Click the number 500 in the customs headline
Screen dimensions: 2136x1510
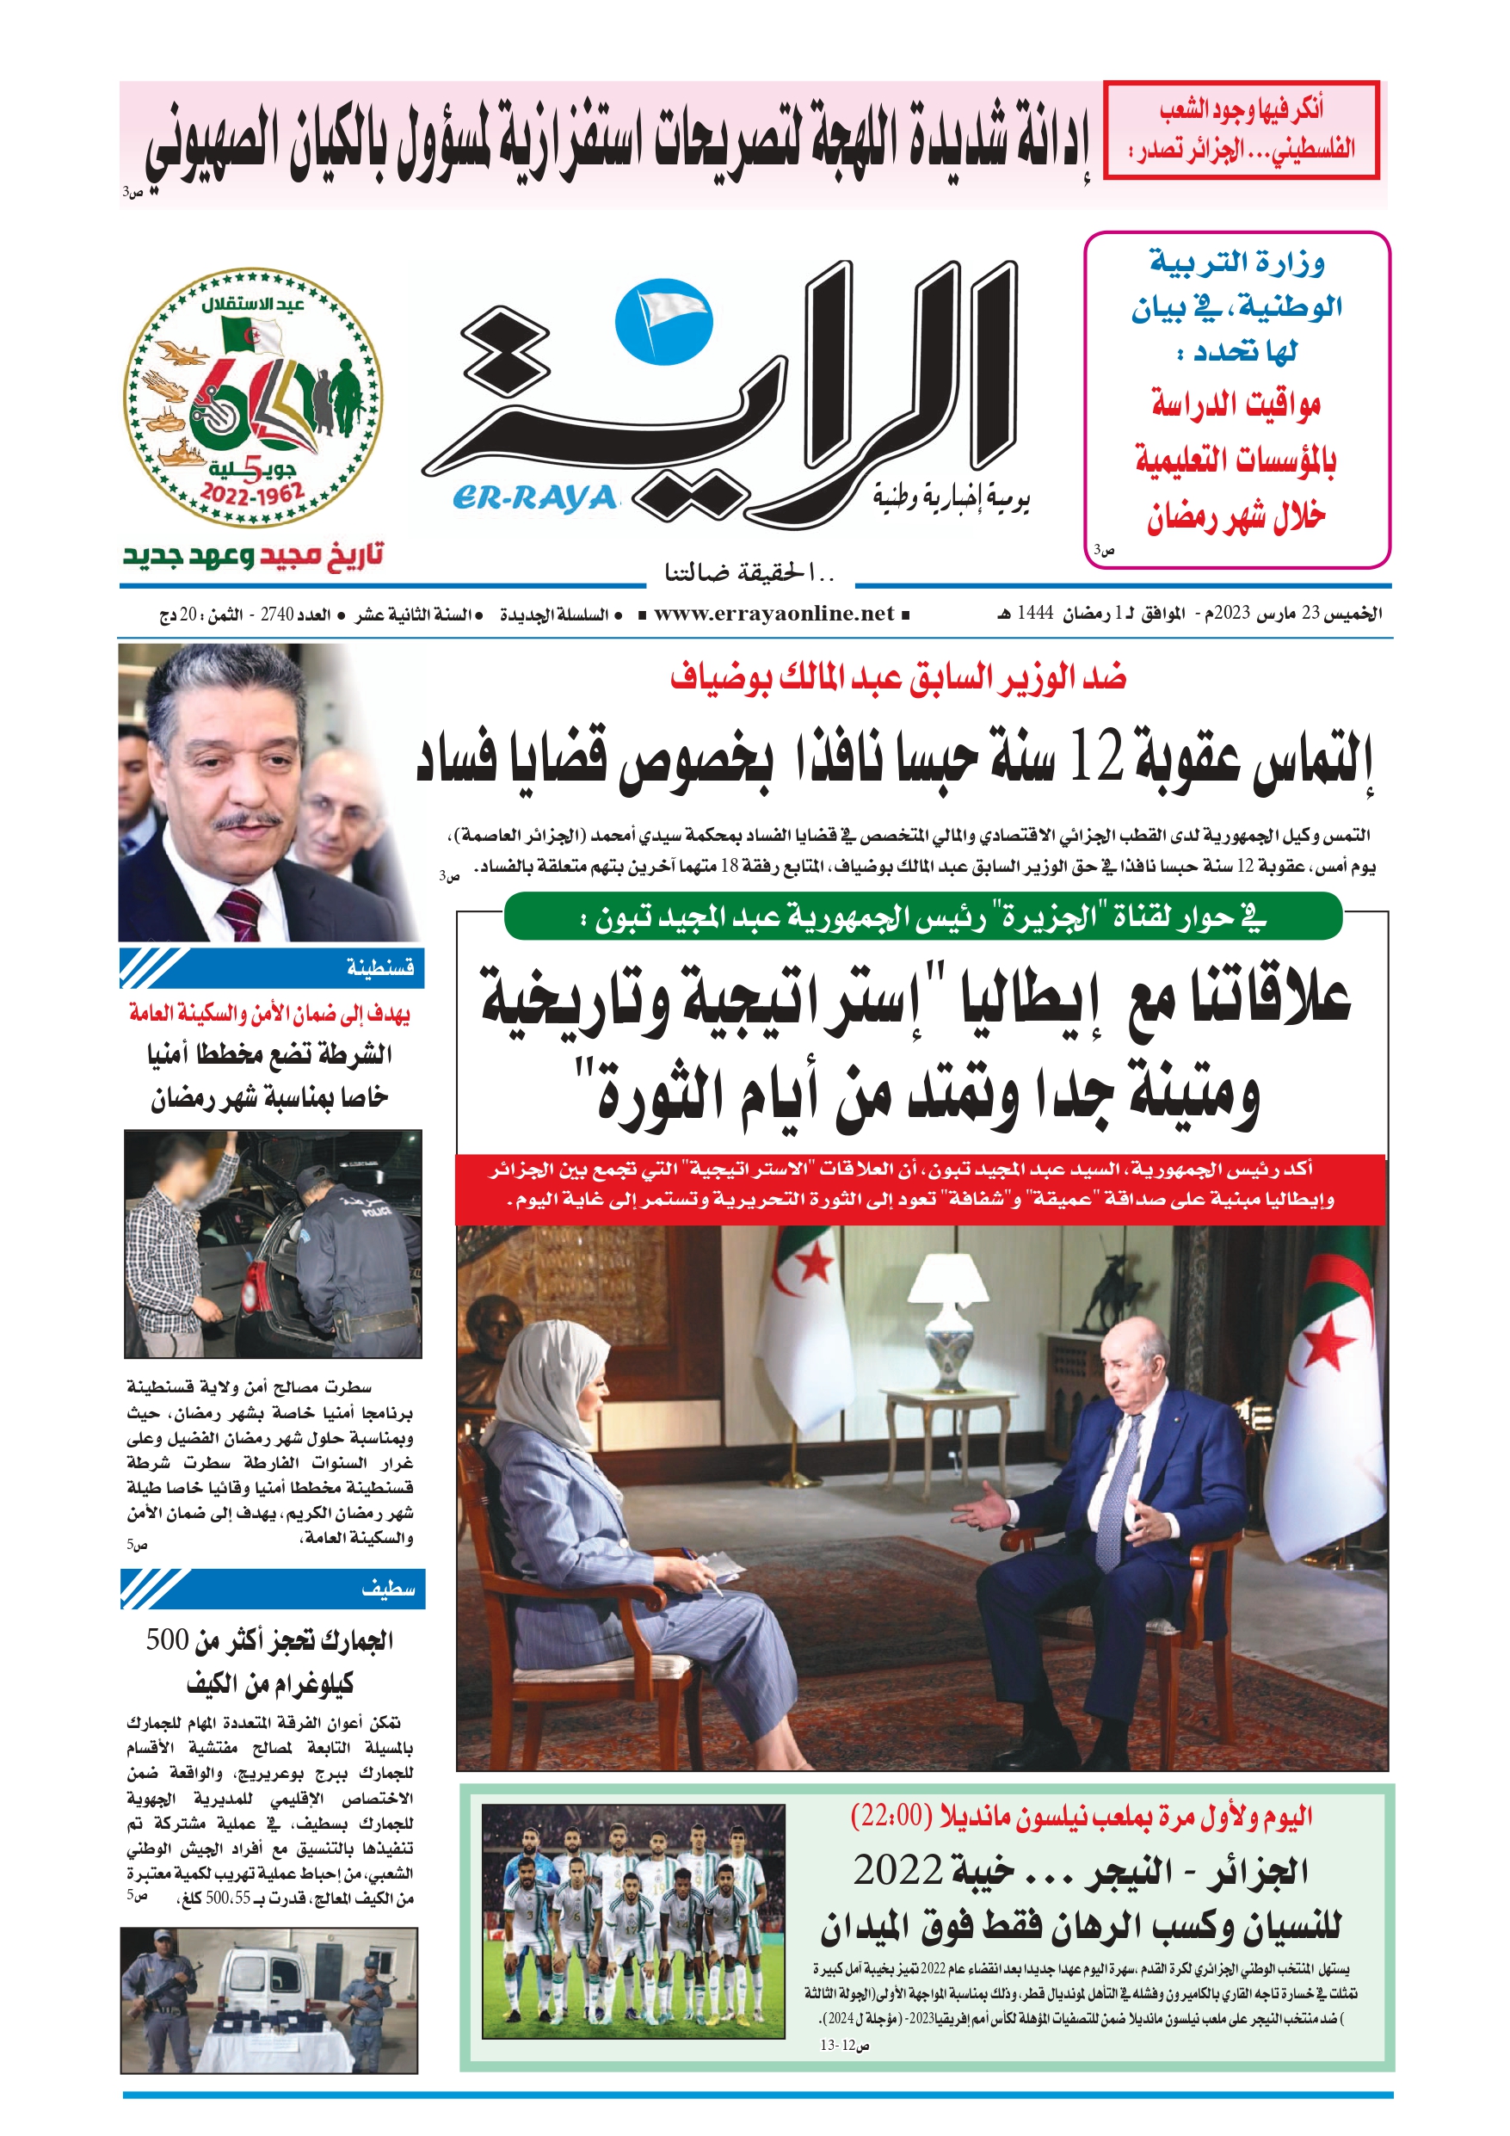(x=168, y=1640)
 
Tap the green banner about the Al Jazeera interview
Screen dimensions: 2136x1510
(x=922, y=917)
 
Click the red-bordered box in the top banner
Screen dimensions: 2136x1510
(x=1241, y=130)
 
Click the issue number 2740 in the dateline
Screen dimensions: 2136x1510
(x=276, y=615)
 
